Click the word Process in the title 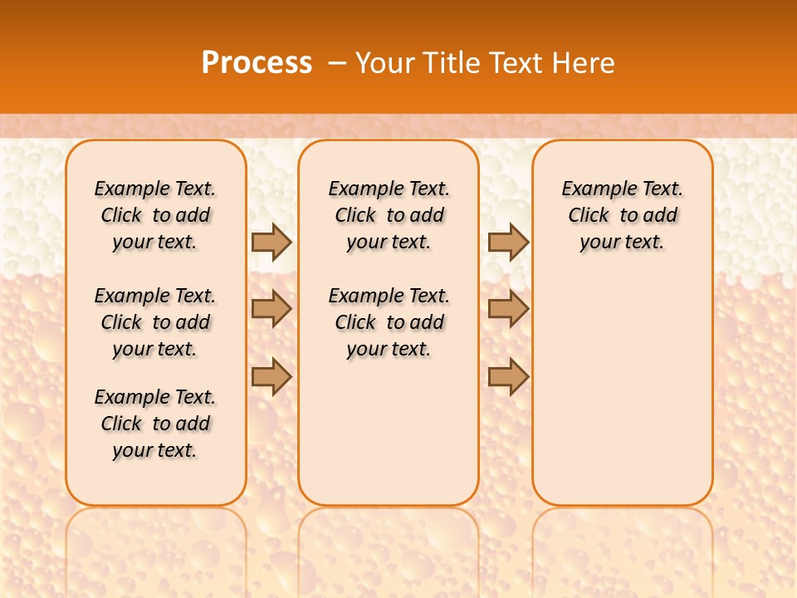point(257,63)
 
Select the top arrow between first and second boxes point(271,242)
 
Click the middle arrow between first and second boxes point(271,309)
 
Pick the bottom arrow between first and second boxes point(271,376)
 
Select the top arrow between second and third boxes point(508,242)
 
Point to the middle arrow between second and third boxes point(508,309)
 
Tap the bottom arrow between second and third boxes point(508,376)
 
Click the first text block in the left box point(155,215)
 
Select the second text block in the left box point(155,322)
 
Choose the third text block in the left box point(155,424)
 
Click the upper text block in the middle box point(389,215)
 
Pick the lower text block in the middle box point(389,322)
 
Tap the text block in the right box point(622,215)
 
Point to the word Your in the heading point(385,63)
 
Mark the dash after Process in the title point(337,63)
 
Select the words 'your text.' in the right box point(622,243)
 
